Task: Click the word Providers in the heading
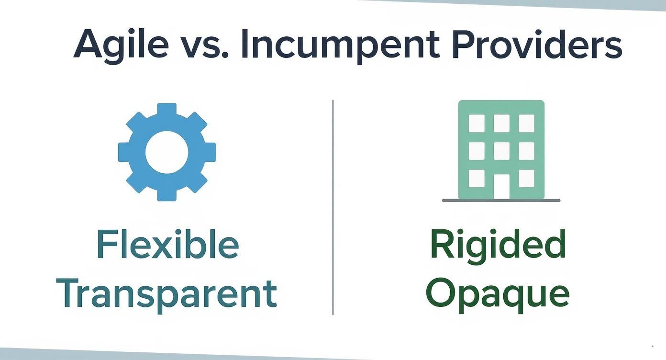(537, 44)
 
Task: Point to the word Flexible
(167, 245)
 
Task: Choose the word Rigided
(498, 245)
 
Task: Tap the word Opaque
(498, 293)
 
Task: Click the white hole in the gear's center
(166, 152)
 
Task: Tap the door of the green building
(501, 186)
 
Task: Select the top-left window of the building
(476, 123)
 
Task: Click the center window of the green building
(501, 151)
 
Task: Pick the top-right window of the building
(526, 123)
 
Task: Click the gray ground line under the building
(501, 200)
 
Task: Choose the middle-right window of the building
(526, 151)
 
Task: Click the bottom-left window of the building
(476, 178)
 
